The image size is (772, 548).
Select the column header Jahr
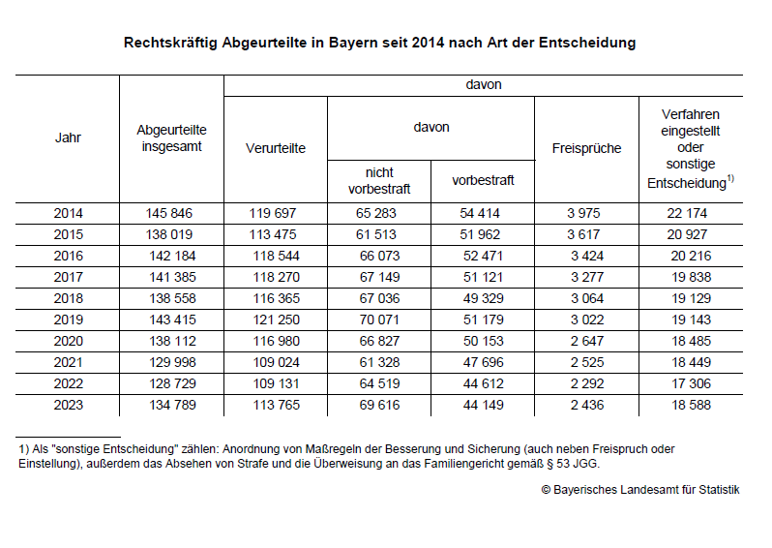[x=68, y=137]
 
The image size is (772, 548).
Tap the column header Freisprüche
[x=586, y=148]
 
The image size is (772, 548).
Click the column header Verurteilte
[x=276, y=148]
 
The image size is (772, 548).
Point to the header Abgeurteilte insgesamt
[x=171, y=137]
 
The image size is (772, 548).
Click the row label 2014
[x=68, y=213]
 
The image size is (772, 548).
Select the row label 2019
[x=68, y=320]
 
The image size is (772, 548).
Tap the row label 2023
[x=68, y=405]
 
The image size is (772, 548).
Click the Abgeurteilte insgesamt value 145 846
[x=171, y=213]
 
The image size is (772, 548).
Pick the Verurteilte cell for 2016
[x=276, y=256]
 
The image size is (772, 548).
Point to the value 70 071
[x=379, y=320]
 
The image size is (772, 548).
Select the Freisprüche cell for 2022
[x=586, y=383]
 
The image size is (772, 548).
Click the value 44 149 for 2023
[x=483, y=405]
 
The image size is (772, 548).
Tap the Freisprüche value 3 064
[x=586, y=298]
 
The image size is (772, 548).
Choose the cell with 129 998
[x=171, y=362]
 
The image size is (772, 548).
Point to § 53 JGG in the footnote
[x=581, y=464]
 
